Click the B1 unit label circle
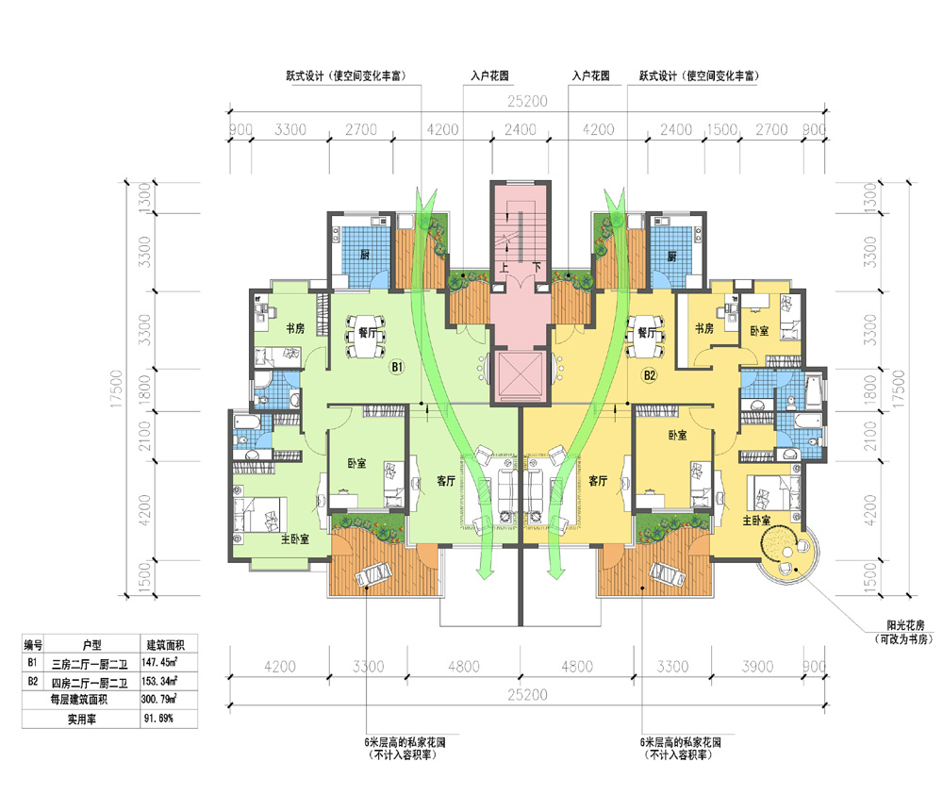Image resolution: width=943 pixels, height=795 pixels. coord(397,366)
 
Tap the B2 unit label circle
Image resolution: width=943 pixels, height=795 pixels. coord(650,375)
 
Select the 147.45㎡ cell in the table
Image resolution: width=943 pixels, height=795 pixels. coord(159,663)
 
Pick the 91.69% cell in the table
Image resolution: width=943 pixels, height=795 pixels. coord(158,718)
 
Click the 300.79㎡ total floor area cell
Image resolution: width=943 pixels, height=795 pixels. coord(159,700)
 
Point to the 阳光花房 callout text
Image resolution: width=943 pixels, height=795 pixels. coord(905,625)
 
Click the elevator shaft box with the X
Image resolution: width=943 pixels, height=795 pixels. coord(521,376)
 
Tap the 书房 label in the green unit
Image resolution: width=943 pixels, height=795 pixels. coord(295,328)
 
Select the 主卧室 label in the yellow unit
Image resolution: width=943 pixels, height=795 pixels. coord(756,521)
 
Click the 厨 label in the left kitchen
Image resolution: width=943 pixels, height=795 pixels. coord(364,255)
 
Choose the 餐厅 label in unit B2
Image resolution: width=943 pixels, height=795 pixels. coord(647,332)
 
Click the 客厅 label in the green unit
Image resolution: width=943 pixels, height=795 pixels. coord(446,480)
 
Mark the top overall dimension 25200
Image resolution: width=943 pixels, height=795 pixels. coord(527,101)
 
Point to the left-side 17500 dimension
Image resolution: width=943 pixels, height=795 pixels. coord(116,389)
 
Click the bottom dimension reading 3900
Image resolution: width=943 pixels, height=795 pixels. coord(757,667)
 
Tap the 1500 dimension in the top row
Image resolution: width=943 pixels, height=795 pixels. coord(721,129)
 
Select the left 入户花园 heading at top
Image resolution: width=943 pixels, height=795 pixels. coord(489,75)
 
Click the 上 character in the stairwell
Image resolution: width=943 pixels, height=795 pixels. coord(504,266)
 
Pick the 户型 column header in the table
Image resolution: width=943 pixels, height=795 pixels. coord(92,645)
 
